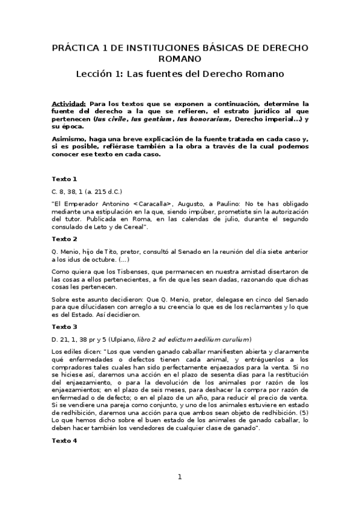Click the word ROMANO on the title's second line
click(180, 58)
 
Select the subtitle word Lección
click(97, 75)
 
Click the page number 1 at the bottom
click(179, 477)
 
